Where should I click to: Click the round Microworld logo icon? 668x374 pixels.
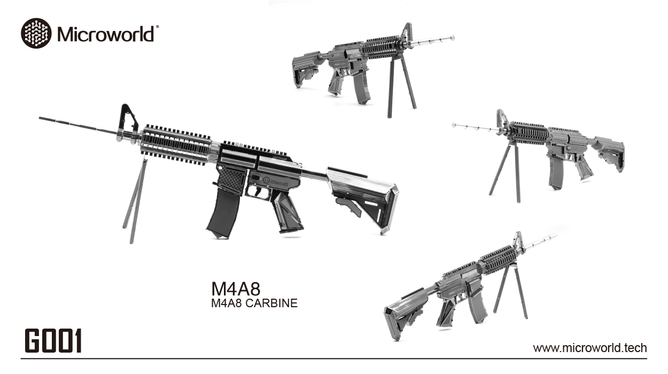(x=36, y=33)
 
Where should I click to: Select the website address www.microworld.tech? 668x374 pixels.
(x=590, y=348)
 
